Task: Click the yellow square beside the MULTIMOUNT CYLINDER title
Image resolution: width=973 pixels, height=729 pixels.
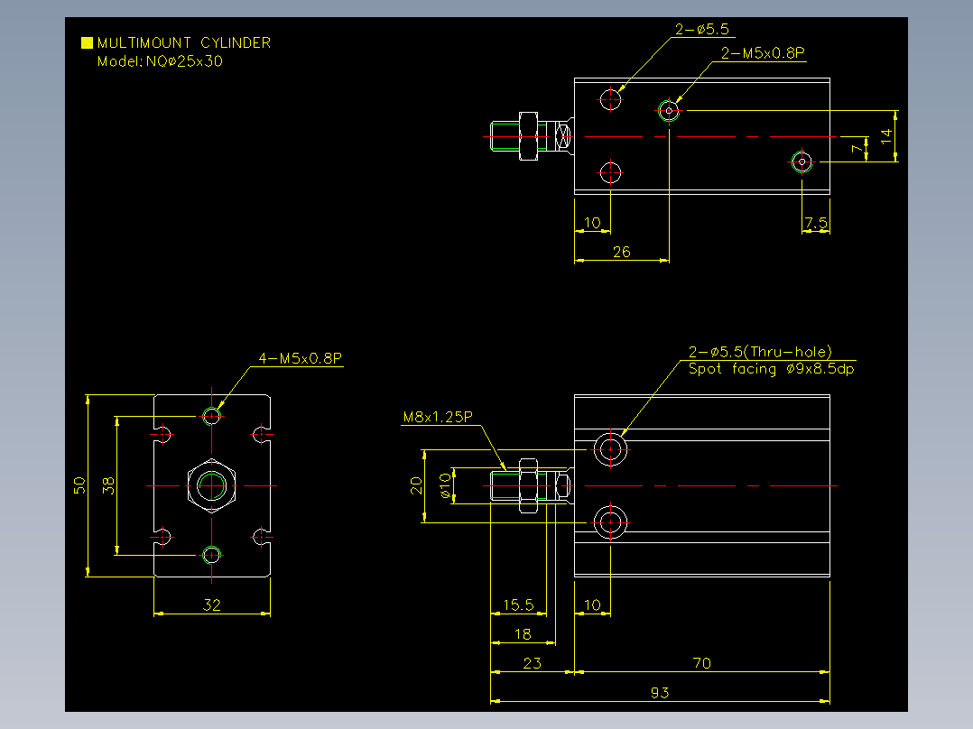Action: pos(87,42)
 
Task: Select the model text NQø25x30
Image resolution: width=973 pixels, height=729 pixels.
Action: pos(184,61)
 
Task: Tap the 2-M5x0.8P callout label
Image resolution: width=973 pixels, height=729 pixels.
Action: pos(763,53)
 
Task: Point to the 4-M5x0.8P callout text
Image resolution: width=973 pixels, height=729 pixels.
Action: pos(301,358)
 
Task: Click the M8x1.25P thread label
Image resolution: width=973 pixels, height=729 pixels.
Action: pos(438,417)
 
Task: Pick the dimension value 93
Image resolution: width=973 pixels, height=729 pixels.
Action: pos(660,692)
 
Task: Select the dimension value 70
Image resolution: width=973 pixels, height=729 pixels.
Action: pos(702,663)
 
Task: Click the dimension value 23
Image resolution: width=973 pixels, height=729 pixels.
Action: pos(532,663)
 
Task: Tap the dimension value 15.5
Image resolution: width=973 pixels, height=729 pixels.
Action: pos(518,604)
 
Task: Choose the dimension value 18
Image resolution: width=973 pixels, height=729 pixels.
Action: pos(524,634)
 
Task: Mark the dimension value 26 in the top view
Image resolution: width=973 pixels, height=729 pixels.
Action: pos(621,252)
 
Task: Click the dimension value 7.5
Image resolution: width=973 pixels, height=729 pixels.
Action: pos(816,223)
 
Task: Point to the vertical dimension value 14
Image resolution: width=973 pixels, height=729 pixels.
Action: pos(886,136)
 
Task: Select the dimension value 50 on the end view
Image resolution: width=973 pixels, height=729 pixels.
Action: pos(79,485)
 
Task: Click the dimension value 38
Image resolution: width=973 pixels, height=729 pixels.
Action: pos(108,485)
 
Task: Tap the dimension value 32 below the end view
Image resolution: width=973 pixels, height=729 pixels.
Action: pos(211,604)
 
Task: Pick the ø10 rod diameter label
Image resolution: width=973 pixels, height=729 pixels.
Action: pos(445,485)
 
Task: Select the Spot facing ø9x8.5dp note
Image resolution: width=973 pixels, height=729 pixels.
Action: pos(772,369)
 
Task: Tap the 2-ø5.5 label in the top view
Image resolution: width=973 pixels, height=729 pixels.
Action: pos(702,29)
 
